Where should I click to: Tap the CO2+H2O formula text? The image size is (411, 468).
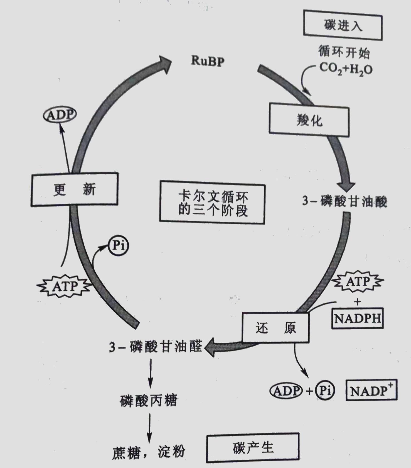tap(346, 69)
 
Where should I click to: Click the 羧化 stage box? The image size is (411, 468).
tap(309, 120)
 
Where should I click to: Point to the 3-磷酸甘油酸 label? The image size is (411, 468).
tap(344, 201)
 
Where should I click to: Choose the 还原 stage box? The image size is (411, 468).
tap(275, 328)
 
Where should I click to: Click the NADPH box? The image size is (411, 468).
tap(358, 318)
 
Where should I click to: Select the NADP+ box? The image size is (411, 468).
tap(371, 390)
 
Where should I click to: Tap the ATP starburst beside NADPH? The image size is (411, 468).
tap(358, 281)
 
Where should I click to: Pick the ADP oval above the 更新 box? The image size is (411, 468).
tap(60, 115)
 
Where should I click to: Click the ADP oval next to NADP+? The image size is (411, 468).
tap(286, 391)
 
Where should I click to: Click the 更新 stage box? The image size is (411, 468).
tap(74, 189)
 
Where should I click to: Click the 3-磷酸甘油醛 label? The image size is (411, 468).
tap(156, 347)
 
